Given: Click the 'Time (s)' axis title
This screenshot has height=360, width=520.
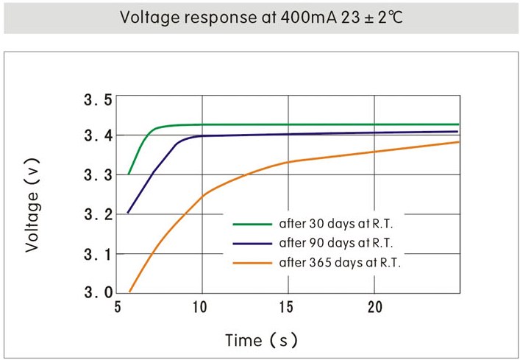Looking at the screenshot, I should coord(261,340).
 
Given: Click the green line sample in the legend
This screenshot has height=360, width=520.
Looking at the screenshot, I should coord(252,222).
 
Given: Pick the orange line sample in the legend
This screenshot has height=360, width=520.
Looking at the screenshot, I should coord(252,261).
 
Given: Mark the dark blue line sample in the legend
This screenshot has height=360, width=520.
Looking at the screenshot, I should coord(252,241).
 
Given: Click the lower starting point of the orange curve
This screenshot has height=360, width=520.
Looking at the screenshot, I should coord(130,292).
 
